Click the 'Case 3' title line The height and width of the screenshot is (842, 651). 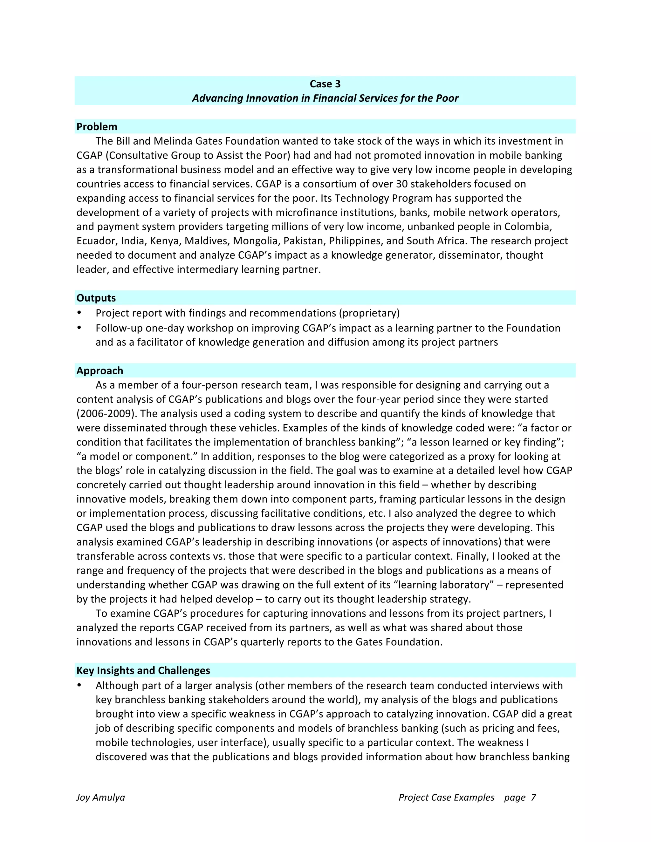coord(325,84)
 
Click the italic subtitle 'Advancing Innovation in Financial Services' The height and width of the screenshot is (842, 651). coord(325,98)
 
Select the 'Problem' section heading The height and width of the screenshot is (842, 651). coord(97,126)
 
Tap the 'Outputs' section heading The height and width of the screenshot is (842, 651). coord(96,298)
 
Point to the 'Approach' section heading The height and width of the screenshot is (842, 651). coord(99,370)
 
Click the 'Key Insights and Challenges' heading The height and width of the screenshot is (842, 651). coord(143,670)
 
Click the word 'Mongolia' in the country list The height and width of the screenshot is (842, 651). coord(257,241)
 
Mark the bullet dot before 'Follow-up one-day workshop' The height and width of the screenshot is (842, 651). coord(79,328)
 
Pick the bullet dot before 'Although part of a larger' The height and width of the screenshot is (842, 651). coord(79,685)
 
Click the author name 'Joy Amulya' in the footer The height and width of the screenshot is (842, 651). coord(100,797)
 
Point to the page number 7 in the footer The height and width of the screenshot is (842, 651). coord(533,797)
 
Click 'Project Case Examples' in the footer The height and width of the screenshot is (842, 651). coord(446,797)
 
